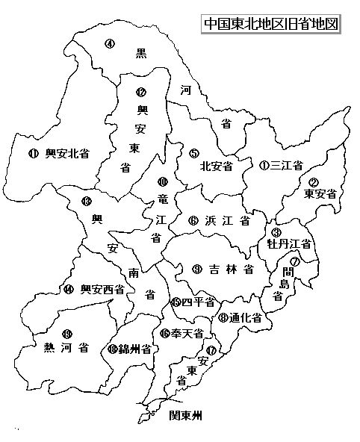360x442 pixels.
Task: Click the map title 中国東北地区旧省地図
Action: [271, 23]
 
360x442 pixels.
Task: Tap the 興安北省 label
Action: [67, 154]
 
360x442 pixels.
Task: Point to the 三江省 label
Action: [287, 165]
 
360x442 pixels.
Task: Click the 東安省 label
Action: [320, 193]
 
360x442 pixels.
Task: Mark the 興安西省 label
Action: [102, 289]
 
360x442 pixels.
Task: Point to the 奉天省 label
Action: [187, 334]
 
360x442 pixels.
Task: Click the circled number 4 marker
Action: [110, 43]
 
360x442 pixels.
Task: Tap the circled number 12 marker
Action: [141, 93]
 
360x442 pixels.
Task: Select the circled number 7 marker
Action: [295, 261]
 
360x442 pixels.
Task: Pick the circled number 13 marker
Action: [87, 201]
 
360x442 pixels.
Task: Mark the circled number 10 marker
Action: [163, 181]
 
